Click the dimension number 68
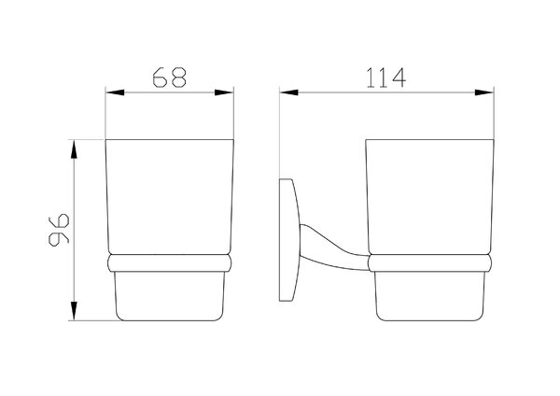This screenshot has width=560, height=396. point(169,78)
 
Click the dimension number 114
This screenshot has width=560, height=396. point(386,78)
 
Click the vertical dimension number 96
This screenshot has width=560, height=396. point(59,230)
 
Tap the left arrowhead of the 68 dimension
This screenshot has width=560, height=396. point(115,92)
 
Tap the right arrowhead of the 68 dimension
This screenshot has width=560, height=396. point(224,92)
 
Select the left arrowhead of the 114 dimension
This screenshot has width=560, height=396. point(289,92)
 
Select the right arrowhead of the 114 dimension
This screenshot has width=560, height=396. point(483,92)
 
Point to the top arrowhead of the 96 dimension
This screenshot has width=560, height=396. point(74,149)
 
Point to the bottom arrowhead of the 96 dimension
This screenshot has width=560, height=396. point(74,311)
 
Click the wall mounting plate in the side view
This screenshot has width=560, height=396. point(287,240)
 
